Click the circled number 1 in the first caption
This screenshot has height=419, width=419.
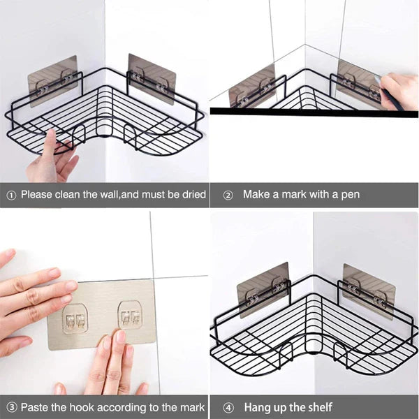pos(10,195)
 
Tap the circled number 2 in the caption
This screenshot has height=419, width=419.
pos(228,195)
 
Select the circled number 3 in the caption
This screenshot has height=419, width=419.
pos(10,407)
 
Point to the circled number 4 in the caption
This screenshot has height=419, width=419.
pos(228,407)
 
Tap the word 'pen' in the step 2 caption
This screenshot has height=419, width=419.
pos(350,195)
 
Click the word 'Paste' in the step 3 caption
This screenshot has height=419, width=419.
pos(36,407)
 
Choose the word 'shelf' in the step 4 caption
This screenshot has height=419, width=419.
pos(318,407)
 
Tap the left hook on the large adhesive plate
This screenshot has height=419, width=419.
pos(75,319)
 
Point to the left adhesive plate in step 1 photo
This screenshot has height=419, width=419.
pos(52,80)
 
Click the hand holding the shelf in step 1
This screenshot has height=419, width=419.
pos(50,161)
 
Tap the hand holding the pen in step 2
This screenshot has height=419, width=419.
pos(398,91)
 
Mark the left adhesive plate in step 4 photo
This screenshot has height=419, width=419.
pos(263,288)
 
